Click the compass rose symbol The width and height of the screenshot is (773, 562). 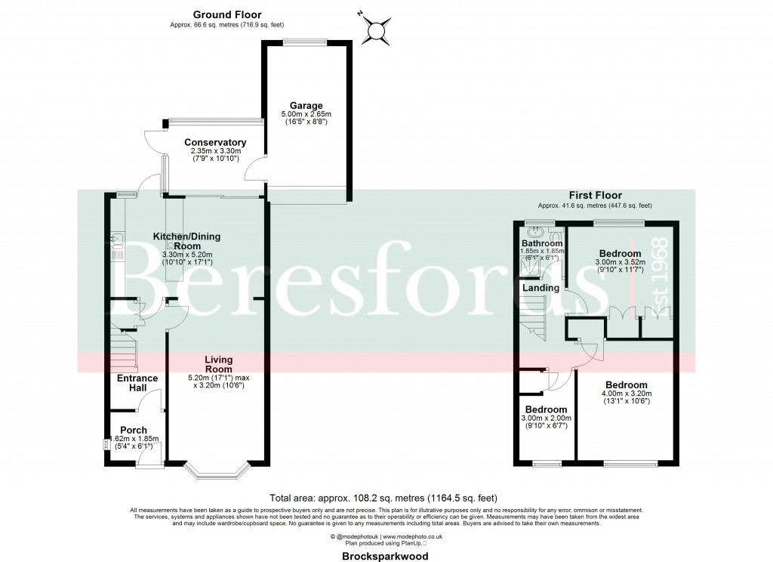(375, 29)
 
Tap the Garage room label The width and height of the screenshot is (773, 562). (305, 106)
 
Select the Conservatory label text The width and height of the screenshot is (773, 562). (215, 142)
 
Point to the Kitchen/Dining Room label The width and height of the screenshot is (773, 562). (187, 241)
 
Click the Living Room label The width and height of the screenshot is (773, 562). (217, 364)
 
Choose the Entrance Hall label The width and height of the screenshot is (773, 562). (137, 383)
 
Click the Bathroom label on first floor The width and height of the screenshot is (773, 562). (540, 243)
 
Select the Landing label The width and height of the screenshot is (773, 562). (540, 288)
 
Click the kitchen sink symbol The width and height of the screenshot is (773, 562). (118, 242)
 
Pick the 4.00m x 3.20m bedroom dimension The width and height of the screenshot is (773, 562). (626, 394)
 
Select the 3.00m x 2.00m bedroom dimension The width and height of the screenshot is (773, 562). (547, 418)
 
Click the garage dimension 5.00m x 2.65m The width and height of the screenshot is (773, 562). (305, 115)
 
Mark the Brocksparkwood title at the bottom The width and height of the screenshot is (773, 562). (386, 556)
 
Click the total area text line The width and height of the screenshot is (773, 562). (384, 498)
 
